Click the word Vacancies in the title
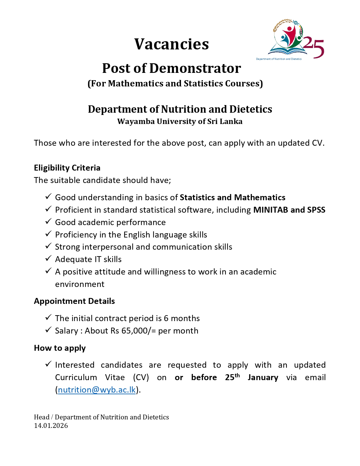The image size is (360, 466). pyautogui.click(x=171, y=44)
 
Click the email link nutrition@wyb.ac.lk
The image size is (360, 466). pyautogui.click(x=97, y=390)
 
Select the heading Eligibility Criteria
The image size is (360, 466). pyautogui.click(x=67, y=168)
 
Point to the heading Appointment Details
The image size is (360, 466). pyautogui.click(x=74, y=301)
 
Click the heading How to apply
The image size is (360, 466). pyautogui.click(x=60, y=348)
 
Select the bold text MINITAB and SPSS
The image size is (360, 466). pyautogui.click(x=289, y=210)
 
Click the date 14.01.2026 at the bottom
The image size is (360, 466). pyautogui.click(x=51, y=426)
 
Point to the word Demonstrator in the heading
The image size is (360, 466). pyautogui.click(x=195, y=68)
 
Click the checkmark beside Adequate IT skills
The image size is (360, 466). pyautogui.click(x=48, y=258)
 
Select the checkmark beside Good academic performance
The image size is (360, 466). pyautogui.click(x=48, y=221)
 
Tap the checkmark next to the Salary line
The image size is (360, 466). pyautogui.click(x=48, y=330)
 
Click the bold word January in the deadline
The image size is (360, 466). pyautogui.click(x=263, y=378)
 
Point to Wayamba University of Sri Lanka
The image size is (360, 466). pyautogui.click(x=180, y=121)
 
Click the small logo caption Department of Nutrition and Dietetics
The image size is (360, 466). pyautogui.click(x=279, y=59)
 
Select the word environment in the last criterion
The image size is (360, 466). pyautogui.click(x=80, y=284)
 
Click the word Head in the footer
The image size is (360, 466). pyautogui.click(x=42, y=417)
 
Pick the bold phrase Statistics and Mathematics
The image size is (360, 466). pyautogui.click(x=232, y=197)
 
